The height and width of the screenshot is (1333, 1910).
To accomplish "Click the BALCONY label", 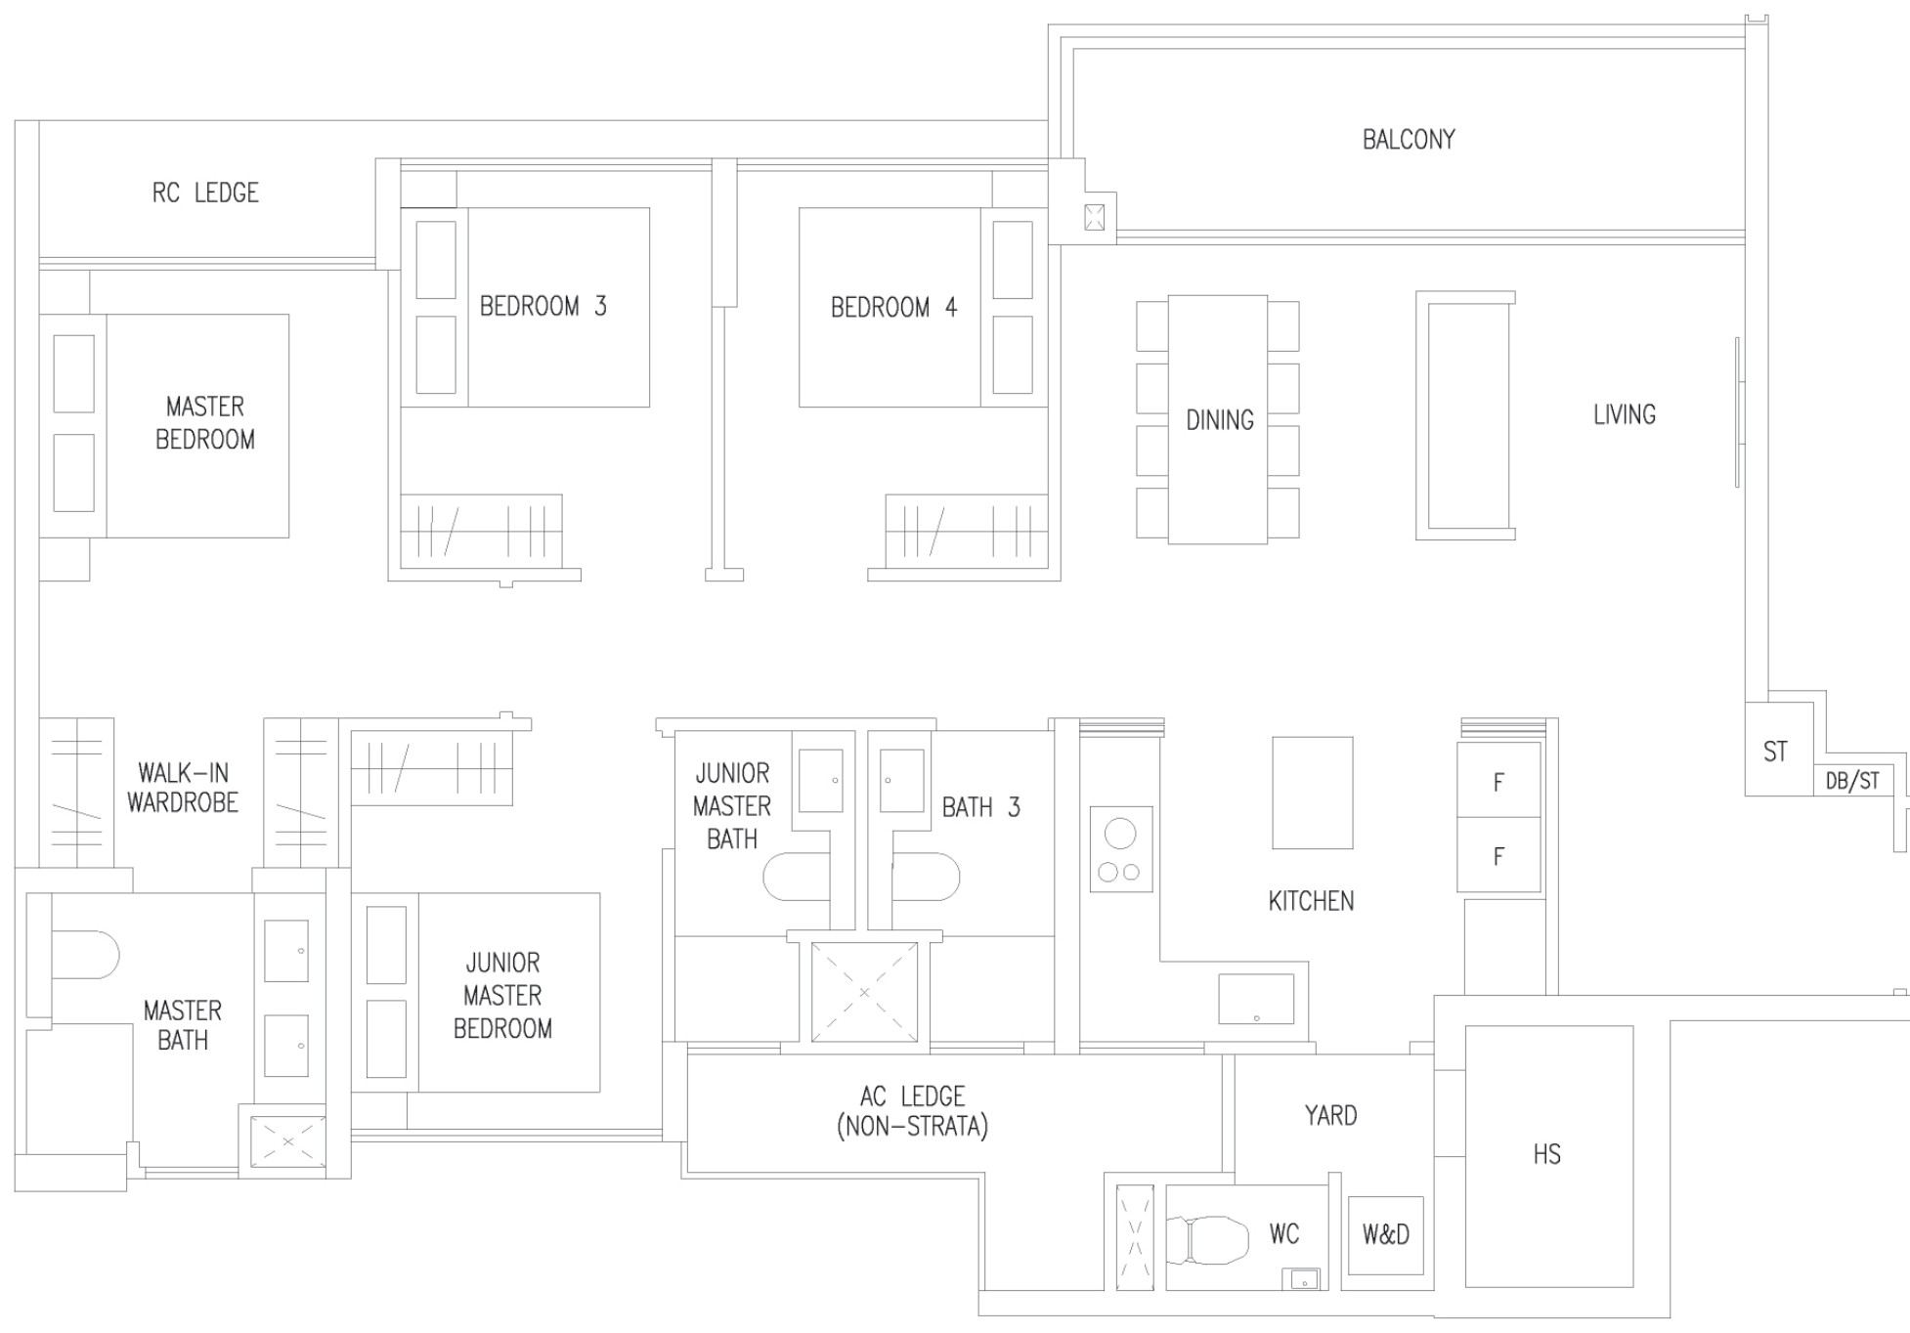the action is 1409,140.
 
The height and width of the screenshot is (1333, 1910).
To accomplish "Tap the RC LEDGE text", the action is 205,193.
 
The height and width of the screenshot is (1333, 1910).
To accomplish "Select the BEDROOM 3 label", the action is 543,306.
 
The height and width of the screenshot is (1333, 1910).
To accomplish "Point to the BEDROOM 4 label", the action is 893,307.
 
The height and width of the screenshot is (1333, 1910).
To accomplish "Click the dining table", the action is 1218,419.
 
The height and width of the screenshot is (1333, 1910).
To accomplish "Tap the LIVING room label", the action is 1625,414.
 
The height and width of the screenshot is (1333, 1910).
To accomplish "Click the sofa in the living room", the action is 1465,415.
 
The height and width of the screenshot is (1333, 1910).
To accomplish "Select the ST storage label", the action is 1775,752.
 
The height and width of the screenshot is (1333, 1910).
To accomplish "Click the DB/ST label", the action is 1852,781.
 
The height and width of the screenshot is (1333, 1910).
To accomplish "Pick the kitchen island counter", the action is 1313,793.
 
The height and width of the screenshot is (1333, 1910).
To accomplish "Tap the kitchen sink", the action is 1256,999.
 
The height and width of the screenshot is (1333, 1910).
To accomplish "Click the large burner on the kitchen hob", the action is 1120,834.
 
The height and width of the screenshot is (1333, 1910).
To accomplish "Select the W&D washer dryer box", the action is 1386,1235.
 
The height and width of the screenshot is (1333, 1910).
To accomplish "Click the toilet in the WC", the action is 1209,1239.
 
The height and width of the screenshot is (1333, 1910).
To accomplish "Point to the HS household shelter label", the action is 1546,1154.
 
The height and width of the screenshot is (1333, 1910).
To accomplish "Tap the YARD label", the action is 1330,1115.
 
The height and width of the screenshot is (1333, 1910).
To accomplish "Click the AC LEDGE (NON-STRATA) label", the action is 913,1111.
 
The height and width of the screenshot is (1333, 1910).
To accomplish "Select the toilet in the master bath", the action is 83,955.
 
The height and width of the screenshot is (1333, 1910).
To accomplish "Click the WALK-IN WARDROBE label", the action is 183,788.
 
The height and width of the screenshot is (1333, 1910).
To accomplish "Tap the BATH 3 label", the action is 980,807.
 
